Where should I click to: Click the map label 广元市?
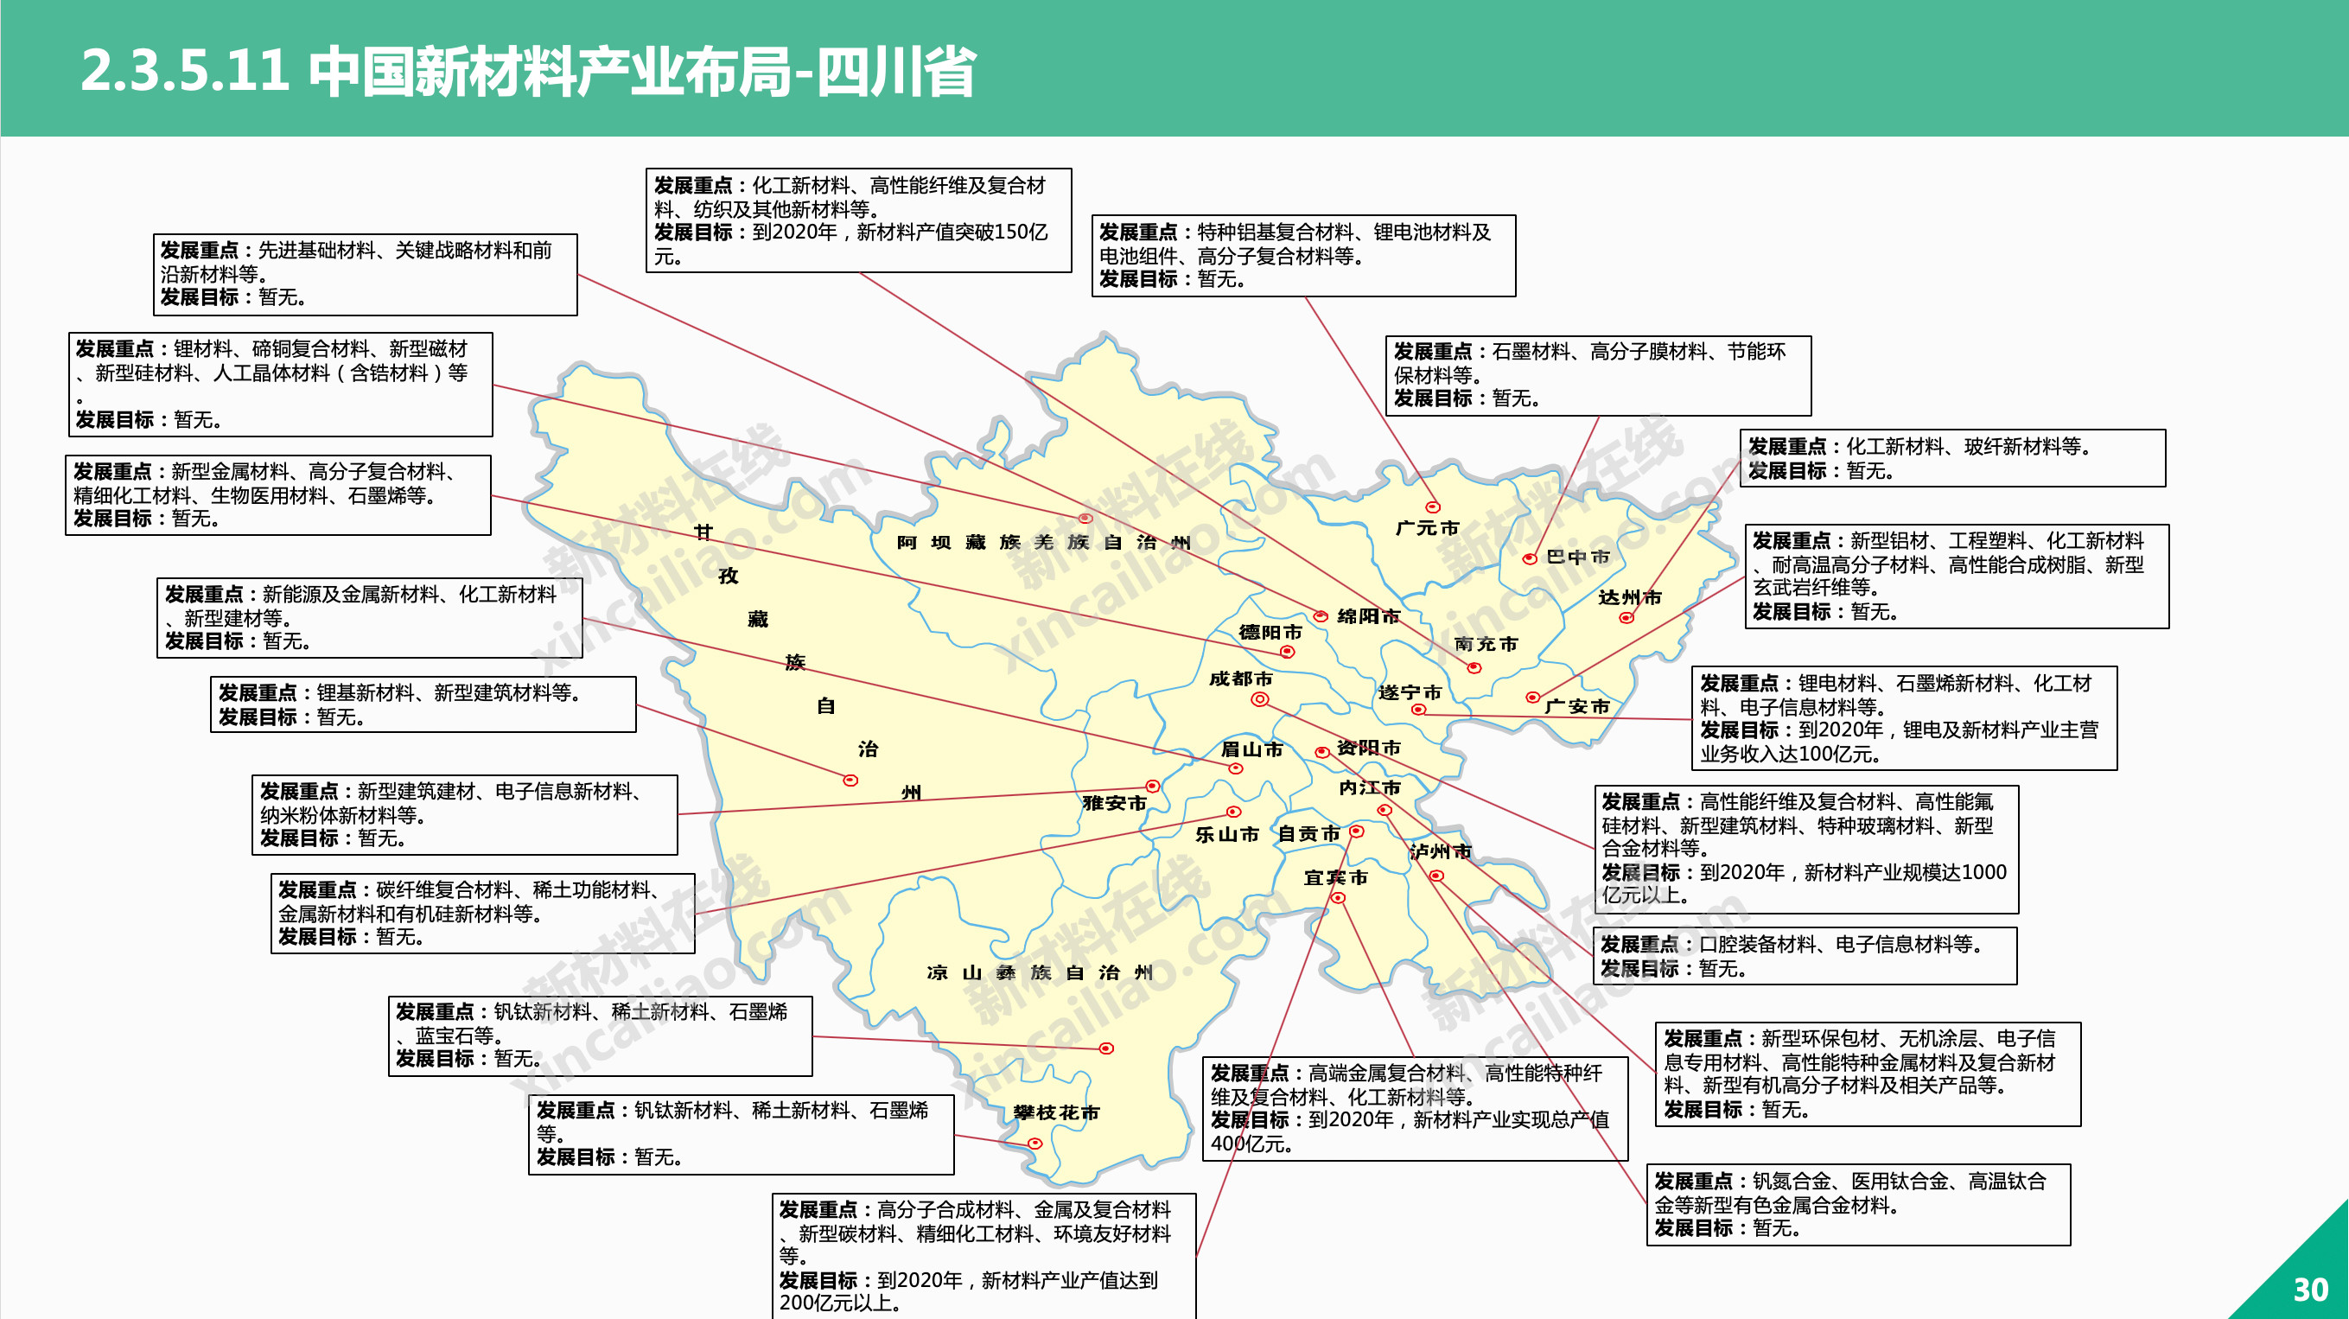pyautogui.click(x=1427, y=528)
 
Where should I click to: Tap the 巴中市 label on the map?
pyautogui.click(x=1577, y=557)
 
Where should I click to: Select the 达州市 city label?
pyautogui.click(x=1630, y=597)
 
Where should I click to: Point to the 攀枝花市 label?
pyautogui.click(x=1056, y=1112)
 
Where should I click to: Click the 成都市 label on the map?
pyautogui.click(x=1240, y=679)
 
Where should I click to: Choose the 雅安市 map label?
pyautogui.click(x=1113, y=804)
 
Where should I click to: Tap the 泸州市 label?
pyautogui.click(x=1440, y=852)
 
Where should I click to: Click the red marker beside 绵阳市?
pyautogui.click(x=1321, y=616)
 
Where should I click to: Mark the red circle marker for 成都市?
pyautogui.click(x=1259, y=699)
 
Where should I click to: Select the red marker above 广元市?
pyautogui.click(x=1433, y=507)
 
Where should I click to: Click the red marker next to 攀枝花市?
pyautogui.click(x=1034, y=1144)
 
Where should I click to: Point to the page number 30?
pyautogui.click(x=2310, y=1290)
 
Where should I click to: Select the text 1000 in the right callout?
pyautogui.click(x=1983, y=873)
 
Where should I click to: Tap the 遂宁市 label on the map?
pyautogui.click(x=1410, y=693)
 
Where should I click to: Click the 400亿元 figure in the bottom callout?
pyautogui.click(x=1251, y=1144)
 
